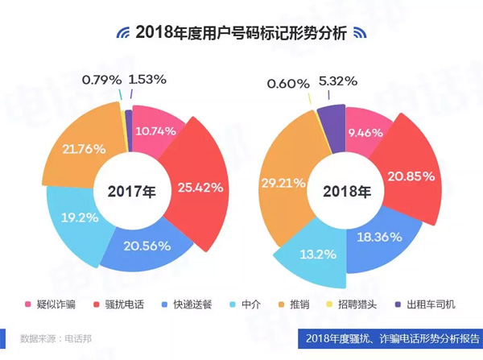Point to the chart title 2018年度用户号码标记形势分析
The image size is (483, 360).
coord(242,33)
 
